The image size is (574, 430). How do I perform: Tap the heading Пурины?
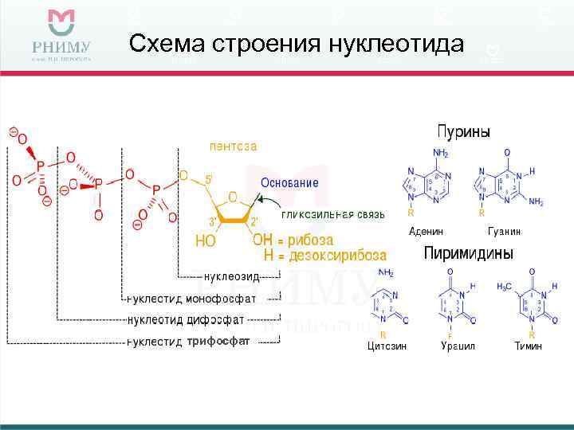pos(463,131)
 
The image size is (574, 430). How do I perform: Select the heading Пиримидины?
pos(468,253)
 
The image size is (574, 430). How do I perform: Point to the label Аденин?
pos(426,231)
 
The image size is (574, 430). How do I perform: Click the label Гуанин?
pos(504,231)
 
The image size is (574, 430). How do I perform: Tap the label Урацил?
pos(458,346)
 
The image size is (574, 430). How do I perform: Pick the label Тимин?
pos(529,346)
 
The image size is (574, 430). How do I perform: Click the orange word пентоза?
pos(233,147)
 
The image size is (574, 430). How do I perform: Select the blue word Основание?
pos(289,182)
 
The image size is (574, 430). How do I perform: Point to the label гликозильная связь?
pos(333,214)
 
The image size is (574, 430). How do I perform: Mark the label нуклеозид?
pos(232,276)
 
